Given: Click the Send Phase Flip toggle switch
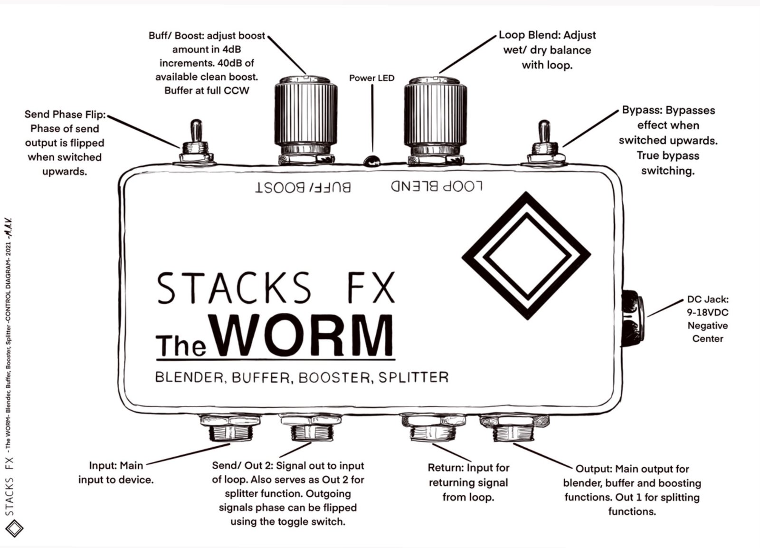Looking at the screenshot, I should [195, 143].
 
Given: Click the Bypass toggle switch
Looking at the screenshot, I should [544, 143].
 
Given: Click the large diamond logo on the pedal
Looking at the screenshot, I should [526, 255].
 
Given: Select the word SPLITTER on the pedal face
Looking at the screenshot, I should [413, 378].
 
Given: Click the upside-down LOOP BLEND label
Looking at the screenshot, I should [437, 186].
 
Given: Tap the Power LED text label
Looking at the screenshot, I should [371, 78].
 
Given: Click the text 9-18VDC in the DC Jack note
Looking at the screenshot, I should [707, 313].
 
